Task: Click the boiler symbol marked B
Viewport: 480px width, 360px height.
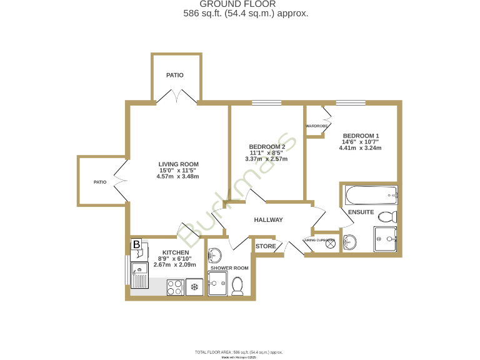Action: pos(136,244)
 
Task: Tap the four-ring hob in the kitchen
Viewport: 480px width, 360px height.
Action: pos(176,287)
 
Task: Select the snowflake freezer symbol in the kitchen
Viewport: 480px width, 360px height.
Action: pos(194,287)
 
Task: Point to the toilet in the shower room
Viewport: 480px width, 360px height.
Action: pos(237,285)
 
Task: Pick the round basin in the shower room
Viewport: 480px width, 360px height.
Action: pos(215,254)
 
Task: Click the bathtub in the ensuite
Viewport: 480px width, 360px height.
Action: pos(368,196)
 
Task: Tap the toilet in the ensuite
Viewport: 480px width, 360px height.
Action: pos(387,217)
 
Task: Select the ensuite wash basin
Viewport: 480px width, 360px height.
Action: pos(351,242)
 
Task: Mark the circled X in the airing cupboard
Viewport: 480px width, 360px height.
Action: pos(330,244)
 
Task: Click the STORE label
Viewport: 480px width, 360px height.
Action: pos(266,246)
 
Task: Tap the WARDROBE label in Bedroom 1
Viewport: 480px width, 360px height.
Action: pos(317,126)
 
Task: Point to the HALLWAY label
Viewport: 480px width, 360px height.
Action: pos(268,220)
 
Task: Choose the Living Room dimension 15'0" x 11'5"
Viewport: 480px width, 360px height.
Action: pos(177,170)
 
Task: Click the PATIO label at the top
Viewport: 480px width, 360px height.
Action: pos(175,75)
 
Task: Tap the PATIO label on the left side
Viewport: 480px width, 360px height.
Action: pos(100,182)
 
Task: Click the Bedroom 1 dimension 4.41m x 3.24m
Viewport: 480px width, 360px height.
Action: pos(360,148)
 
